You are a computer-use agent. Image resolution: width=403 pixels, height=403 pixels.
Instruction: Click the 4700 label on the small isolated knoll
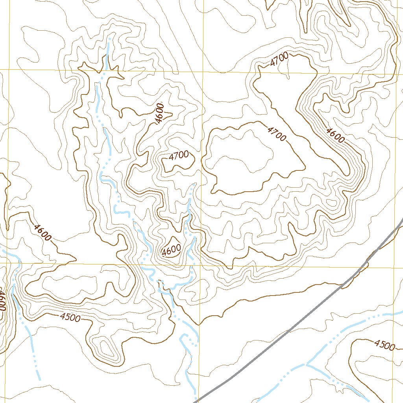[x=179, y=155]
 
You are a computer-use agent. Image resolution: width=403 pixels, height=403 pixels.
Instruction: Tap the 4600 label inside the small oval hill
[x=171, y=249]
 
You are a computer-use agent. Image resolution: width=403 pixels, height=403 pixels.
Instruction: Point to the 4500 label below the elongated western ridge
[x=70, y=317]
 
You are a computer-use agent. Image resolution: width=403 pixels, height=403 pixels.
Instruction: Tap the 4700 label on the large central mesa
[x=276, y=134]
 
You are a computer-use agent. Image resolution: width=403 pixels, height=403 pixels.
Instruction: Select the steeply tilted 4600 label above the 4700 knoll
[x=159, y=113]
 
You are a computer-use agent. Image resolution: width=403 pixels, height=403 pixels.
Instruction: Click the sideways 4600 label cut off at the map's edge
[x=2, y=301]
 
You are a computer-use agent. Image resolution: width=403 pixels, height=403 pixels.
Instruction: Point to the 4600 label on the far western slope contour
[x=43, y=232]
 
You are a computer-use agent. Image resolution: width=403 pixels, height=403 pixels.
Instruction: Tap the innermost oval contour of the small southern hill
[x=107, y=348]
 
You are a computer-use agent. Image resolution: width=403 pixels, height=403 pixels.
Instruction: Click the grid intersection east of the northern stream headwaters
[x=201, y=72]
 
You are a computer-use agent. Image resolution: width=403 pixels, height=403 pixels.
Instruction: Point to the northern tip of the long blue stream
[x=108, y=39]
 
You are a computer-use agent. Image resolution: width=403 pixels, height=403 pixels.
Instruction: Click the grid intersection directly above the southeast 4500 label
[x=401, y=268]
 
